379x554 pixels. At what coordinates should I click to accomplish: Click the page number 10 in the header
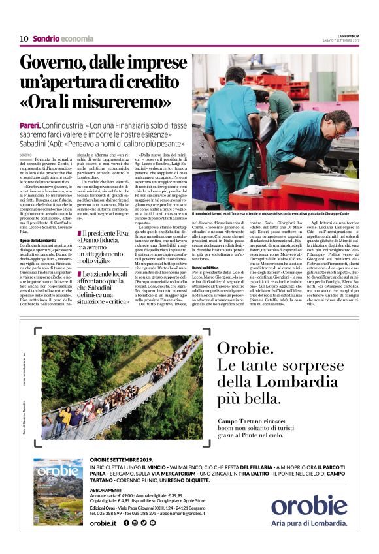coord(24,38)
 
